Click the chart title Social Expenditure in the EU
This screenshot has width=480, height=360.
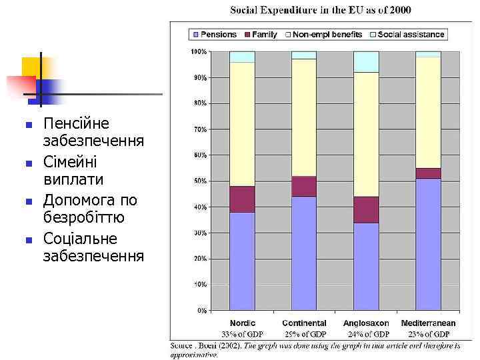coord(321,10)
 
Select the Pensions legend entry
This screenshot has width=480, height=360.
coord(215,34)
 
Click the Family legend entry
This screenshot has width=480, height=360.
coord(261,34)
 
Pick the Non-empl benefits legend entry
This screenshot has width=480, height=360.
coord(324,34)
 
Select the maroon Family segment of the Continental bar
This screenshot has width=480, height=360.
coord(304,186)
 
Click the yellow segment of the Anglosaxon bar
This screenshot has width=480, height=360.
coord(366,134)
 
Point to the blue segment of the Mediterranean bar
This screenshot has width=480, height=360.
coord(428,244)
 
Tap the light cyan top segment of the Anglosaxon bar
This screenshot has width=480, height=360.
coord(366,61)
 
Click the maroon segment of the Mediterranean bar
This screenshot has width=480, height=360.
coord(428,173)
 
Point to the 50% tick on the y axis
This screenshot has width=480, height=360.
coord(199,181)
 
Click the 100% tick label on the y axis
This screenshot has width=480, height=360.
coord(198,51)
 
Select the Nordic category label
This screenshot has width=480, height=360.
coord(242,323)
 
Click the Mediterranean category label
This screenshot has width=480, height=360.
coord(428,323)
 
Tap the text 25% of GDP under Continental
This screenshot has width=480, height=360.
coord(304,333)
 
